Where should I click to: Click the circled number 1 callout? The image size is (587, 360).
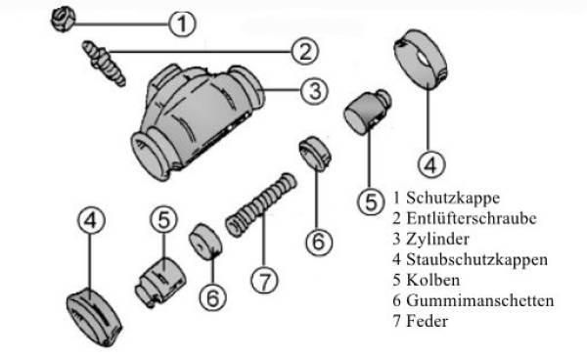(182, 23)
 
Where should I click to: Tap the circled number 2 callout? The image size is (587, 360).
(305, 51)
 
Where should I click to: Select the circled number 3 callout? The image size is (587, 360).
(314, 91)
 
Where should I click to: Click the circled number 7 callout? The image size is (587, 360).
(264, 280)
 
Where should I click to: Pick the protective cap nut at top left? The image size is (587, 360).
(63, 20)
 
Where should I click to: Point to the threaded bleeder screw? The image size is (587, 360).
(104, 64)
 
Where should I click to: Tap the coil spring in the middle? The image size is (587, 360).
(261, 204)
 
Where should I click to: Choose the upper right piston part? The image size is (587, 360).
(367, 112)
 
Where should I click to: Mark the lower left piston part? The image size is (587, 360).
(160, 282)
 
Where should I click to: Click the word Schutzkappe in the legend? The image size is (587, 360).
(453, 199)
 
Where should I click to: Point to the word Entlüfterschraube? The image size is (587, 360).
(472, 218)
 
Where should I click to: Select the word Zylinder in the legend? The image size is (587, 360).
(437, 240)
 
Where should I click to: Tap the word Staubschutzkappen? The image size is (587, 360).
(477, 259)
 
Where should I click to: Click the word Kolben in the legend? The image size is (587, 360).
(433, 280)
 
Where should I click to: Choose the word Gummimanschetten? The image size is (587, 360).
(480, 300)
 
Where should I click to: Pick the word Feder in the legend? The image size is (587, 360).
(428, 321)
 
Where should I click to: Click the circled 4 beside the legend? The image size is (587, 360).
(430, 164)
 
